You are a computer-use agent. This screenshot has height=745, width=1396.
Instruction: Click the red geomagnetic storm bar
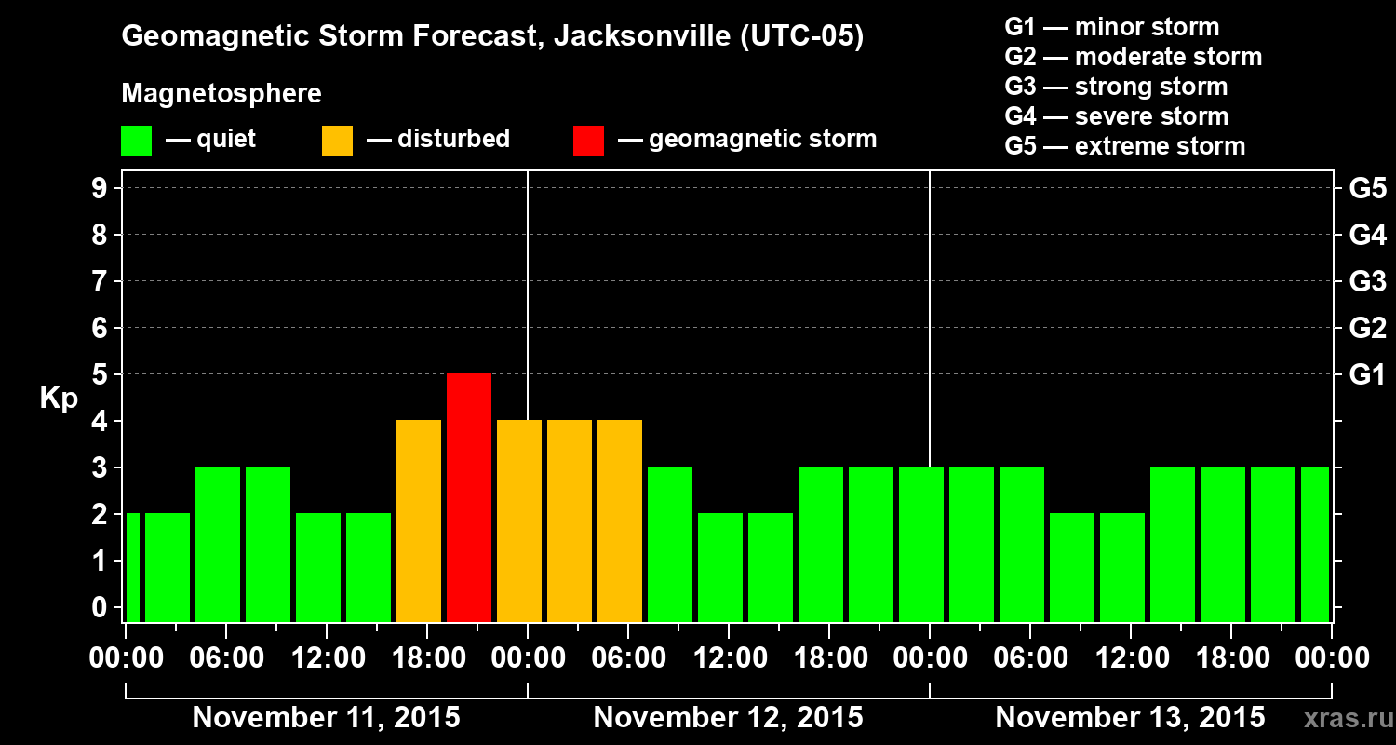click(x=469, y=497)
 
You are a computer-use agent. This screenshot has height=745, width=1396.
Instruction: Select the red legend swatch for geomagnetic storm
click(x=588, y=140)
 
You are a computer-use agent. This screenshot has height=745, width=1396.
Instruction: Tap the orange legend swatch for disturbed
click(x=337, y=140)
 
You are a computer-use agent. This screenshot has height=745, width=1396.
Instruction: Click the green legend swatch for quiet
click(x=136, y=140)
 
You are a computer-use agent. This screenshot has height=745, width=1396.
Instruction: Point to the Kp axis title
click(x=59, y=399)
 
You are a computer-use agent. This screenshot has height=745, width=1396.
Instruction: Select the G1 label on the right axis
click(x=1367, y=374)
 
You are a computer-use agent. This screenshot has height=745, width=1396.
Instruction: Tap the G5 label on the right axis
click(x=1367, y=188)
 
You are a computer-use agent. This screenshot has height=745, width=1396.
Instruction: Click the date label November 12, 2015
click(x=728, y=718)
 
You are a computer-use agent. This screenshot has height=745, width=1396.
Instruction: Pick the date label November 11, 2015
click(x=326, y=718)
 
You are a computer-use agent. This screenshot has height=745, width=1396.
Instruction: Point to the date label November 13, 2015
click(x=1130, y=718)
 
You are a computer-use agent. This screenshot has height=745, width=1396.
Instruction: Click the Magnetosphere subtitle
click(x=221, y=94)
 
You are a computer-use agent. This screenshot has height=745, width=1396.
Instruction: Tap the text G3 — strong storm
click(x=1116, y=87)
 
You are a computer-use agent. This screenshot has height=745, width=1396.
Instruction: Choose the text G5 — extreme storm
click(x=1124, y=146)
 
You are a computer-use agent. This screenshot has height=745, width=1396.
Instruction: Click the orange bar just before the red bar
click(x=419, y=521)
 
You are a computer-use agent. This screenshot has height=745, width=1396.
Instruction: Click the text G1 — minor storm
click(x=1111, y=27)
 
